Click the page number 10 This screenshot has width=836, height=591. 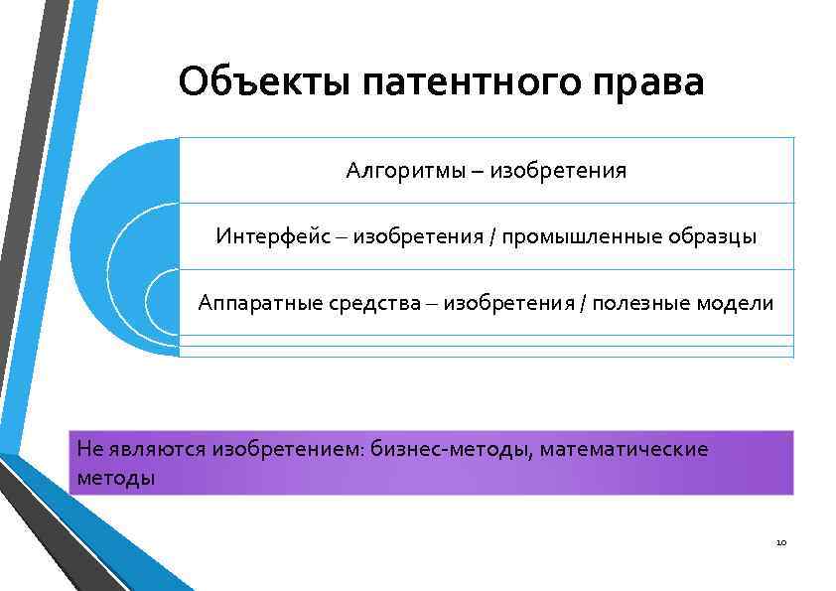780,543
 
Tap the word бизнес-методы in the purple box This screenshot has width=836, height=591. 453,449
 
